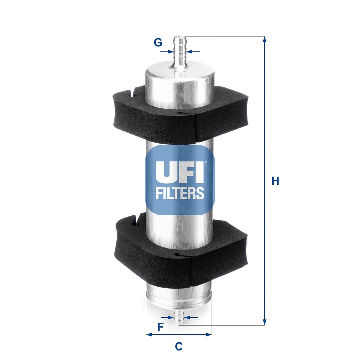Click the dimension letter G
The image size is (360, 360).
coord(158,43)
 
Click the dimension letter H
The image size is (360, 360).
coord(275,181)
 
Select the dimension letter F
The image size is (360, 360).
coord(160,327)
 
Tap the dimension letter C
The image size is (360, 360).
coord(179,346)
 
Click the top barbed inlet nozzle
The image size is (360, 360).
coord(180,50)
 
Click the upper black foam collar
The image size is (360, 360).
coord(180,115)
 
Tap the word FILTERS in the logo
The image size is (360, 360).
coord(180,193)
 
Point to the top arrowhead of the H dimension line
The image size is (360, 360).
coord(265,39)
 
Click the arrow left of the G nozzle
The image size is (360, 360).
coord(169,52)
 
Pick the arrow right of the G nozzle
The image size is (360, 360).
coord(190,52)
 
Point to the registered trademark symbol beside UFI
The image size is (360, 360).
coord(206,163)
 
